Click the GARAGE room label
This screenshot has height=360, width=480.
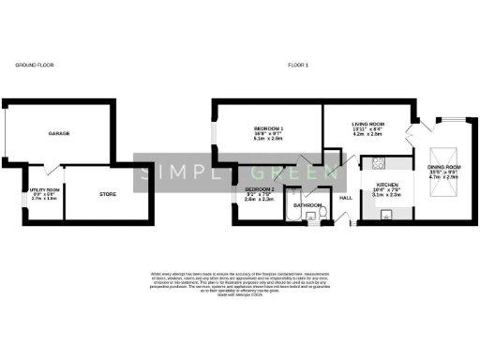point(59,134)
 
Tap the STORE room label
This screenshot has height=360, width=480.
point(108,194)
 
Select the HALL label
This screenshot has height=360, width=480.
point(345,198)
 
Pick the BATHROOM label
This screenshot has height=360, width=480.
point(307,203)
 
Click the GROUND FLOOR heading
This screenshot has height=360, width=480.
point(34,66)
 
